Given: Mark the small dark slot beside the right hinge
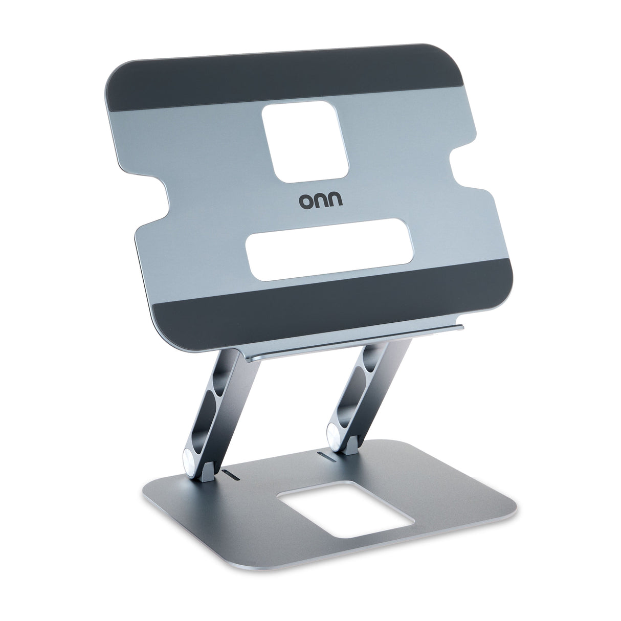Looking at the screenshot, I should (x=326, y=454).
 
